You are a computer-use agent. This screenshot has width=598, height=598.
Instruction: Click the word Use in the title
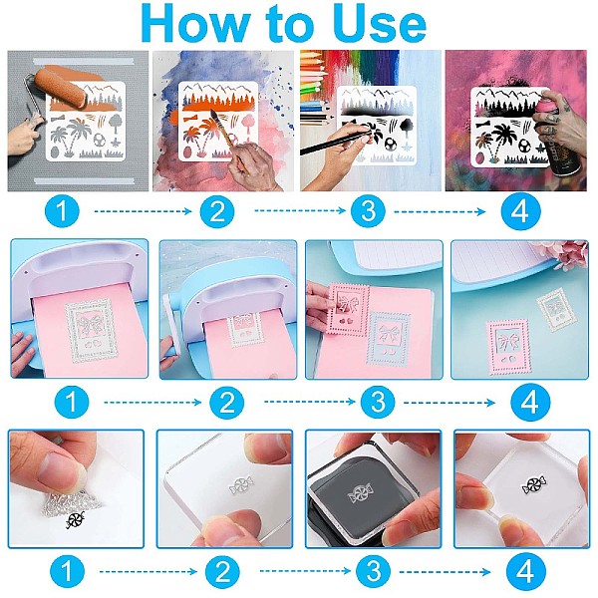(382, 24)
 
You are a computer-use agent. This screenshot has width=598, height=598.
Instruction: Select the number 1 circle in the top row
(62, 211)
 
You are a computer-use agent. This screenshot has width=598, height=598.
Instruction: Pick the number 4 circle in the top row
(520, 211)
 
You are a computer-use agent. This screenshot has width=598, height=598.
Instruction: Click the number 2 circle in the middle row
(227, 402)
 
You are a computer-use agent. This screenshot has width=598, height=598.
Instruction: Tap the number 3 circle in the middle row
(379, 402)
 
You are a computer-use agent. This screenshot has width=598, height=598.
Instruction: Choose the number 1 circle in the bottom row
(67, 572)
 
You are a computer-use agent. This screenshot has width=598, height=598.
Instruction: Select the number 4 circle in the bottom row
(526, 572)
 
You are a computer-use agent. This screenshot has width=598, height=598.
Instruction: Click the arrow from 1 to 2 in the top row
(143, 211)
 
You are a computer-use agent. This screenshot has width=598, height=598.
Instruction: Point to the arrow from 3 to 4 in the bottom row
(445, 572)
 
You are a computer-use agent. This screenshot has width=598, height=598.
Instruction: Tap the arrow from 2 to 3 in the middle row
(310, 402)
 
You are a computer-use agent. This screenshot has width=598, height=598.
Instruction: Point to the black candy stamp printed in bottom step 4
(534, 484)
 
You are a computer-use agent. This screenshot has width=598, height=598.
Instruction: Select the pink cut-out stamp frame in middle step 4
(507, 347)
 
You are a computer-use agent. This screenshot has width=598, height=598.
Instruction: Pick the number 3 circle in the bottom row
(374, 572)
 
